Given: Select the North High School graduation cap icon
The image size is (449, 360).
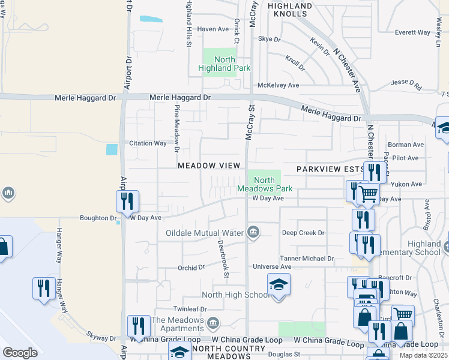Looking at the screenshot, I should pyautogui.click(x=279, y=284).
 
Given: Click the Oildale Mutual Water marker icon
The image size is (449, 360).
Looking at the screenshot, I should pyautogui.click(x=253, y=232).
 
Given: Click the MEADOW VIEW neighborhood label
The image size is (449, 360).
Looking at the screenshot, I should pyautogui.click(x=208, y=165).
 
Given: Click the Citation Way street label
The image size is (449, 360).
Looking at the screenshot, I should pyautogui.click(x=148, y=143).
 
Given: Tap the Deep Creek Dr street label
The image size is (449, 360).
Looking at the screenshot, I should pyautogui.click(x=303, y=232).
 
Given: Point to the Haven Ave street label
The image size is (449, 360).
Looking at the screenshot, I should pyautogui.click(x=214, y=29).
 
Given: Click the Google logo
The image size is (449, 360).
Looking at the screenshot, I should pyautogui.click(x=20, y=353).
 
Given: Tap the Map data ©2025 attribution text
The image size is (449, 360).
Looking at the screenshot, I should pyautogui.click(x=423, y=355).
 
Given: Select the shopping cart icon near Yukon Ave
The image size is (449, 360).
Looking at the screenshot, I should pyautogui.click(x=368, y=194).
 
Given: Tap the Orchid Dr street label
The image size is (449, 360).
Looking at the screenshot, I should pyautogui.click(x=191, y=268).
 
